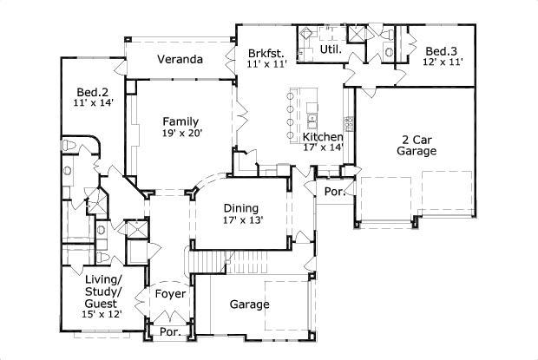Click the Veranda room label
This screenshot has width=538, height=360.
click(x=180, y=61)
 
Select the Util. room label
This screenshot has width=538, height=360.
click(x=331, y=50)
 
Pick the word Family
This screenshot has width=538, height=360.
click(x=181, y=121)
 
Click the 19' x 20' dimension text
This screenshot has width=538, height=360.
click(x=181, y=134)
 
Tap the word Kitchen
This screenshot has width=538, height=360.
click(x=322, y=137)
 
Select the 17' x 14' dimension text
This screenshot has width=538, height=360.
click(x=322, y=147)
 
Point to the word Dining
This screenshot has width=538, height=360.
click(x=241, y=208)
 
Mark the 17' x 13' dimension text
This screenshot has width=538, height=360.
click(x=242, y=220)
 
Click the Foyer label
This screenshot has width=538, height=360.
click(x=170, y=294)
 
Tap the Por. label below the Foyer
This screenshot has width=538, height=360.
click(x=168, y=333)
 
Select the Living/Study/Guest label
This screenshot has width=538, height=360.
click(x=103, y=291)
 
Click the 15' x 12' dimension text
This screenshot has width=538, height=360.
click(x=103, y=314)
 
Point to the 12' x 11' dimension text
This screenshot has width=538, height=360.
click(x=443, y=62)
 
